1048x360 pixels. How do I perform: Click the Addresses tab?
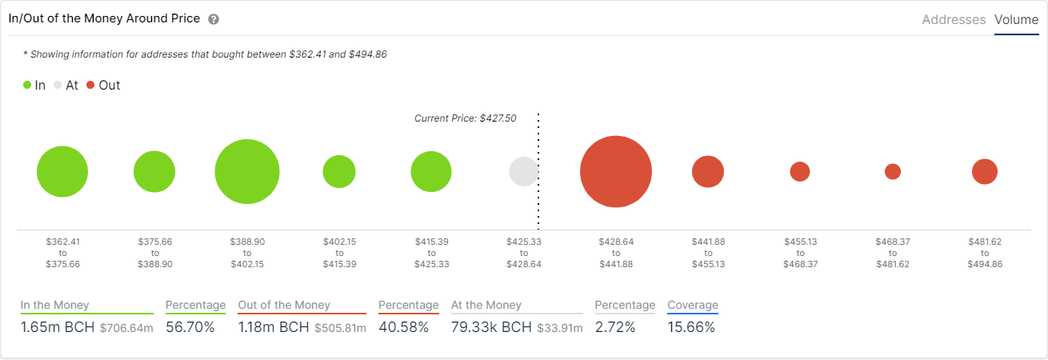pyautogui.click(x=954, y=20)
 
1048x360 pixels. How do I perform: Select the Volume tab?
pyautogui.click(x=1016, y=20)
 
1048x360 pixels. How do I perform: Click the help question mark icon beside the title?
pyautogui.click(x=214, y=19)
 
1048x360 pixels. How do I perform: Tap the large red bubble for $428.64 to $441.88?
pyautogui.click(x=615, y=172)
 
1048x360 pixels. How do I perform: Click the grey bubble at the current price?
pyautogui.click(x=524, y=172)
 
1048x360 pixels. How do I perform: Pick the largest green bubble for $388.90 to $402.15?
pyautogui.click(x=247, y=172)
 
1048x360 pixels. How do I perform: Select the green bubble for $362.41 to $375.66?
pyautogui.click(x=62, y=172)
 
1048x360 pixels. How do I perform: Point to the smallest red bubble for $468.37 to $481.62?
pyautogui.click(x=893, y=172)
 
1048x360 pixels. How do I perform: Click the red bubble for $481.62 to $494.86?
pyautogui.click(x=985, y=172)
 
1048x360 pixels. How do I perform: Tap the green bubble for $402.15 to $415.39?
pyautogui.click(x=339, y=172)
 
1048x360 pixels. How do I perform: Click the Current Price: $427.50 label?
pyautogui.click(x=465, y=118)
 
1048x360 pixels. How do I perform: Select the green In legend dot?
pyautogui.click(x=27, y=85)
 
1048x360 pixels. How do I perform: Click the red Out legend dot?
pyautogui.click(x=90, y=85)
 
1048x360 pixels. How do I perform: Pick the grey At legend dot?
pyautogui.click(x=58, y=85)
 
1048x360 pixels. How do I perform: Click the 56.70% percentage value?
pyautogui.click(x=190, y=327)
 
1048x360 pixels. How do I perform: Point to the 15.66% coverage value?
pyautogui.click(x=691, y=327)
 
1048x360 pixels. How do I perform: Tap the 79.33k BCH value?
pyautogui.click(x=491, y=327)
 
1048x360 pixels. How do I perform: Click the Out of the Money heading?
pyautogui.click(x=284, y=305)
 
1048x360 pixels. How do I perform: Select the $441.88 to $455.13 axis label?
pyautogui.click(x=707, y=252)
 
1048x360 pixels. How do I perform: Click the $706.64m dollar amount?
pyautogui.click(x=126, y=328)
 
